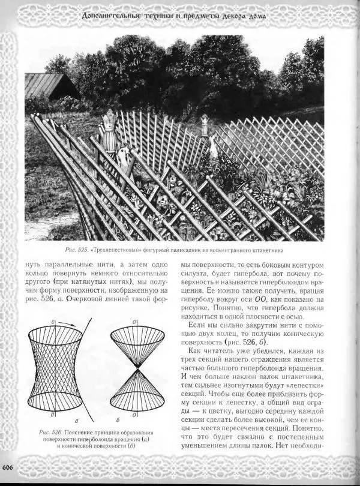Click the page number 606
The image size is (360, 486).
click(x=8, y=467)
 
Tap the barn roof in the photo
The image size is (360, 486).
click(x=45, y=85)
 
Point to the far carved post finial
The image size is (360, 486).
click(x=205, y=124)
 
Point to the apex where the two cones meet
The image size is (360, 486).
click(x=138, y=367)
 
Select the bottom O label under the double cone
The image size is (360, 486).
click(x=134, y=414)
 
